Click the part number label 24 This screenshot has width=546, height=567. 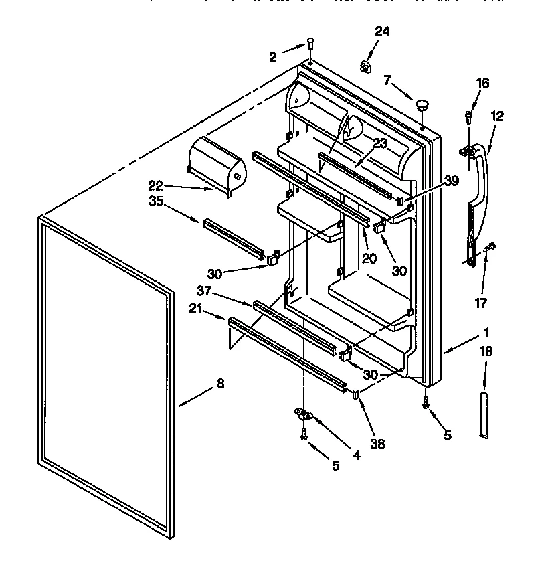382,31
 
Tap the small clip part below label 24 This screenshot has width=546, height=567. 365,66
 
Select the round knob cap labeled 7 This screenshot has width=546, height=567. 422,104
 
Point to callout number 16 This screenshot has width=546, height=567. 482,83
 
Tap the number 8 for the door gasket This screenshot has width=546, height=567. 221,384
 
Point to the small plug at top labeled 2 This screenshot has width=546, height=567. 310,44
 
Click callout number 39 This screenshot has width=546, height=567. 451,181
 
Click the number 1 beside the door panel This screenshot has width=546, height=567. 486,331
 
